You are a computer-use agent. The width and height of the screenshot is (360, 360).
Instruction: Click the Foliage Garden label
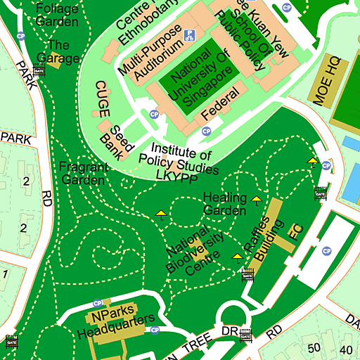[x=56, y=15]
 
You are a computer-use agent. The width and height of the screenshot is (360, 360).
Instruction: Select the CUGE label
[x=101, y=98]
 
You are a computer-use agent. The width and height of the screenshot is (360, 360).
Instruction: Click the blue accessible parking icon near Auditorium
[x=188, y=34]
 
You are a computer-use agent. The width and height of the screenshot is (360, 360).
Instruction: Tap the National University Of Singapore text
[x=198, y=77]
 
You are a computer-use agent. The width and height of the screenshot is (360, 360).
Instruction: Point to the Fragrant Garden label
[x=84, y=174]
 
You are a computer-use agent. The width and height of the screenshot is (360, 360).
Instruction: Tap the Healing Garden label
[x=225, y=204]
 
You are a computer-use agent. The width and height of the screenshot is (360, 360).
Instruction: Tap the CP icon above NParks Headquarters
[x=97, y=303]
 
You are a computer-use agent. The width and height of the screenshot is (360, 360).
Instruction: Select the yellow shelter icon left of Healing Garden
[x=162, y=214]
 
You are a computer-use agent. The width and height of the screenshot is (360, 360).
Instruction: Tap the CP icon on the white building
[x=326, y=251]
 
